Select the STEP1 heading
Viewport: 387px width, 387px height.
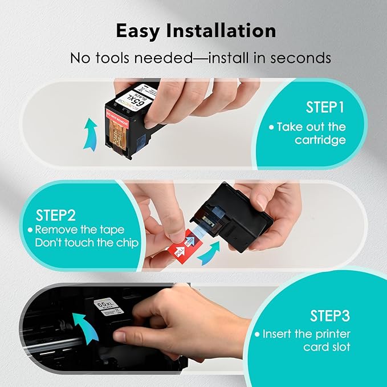(x=325, y=107)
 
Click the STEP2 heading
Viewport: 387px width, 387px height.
(x=56, y=215)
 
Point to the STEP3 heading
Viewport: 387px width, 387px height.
(x=329, y=315)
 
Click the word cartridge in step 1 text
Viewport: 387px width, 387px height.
(x=320, y=140)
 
